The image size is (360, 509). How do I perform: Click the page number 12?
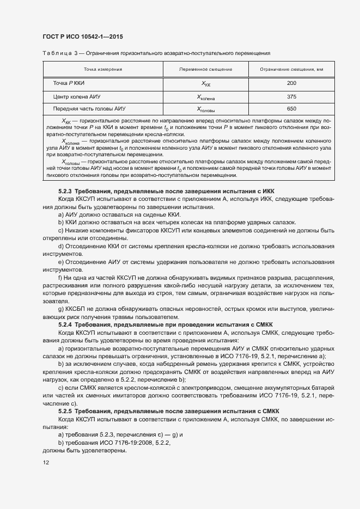click(46, 462)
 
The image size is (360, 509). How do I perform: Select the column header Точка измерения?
click(102, 70)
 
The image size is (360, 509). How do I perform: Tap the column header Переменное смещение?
click(206, 70)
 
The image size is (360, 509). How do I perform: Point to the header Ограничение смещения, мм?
click(291, 70)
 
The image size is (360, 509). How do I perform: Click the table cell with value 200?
click(291, 83)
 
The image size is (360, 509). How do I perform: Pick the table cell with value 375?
click(291, 96)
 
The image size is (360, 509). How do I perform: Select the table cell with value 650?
click(291, 109)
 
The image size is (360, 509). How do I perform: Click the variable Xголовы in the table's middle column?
click(206, 109)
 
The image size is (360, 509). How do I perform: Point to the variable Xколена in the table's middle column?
click(206, 97)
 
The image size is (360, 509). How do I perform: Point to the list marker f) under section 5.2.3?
click(60, 278)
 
